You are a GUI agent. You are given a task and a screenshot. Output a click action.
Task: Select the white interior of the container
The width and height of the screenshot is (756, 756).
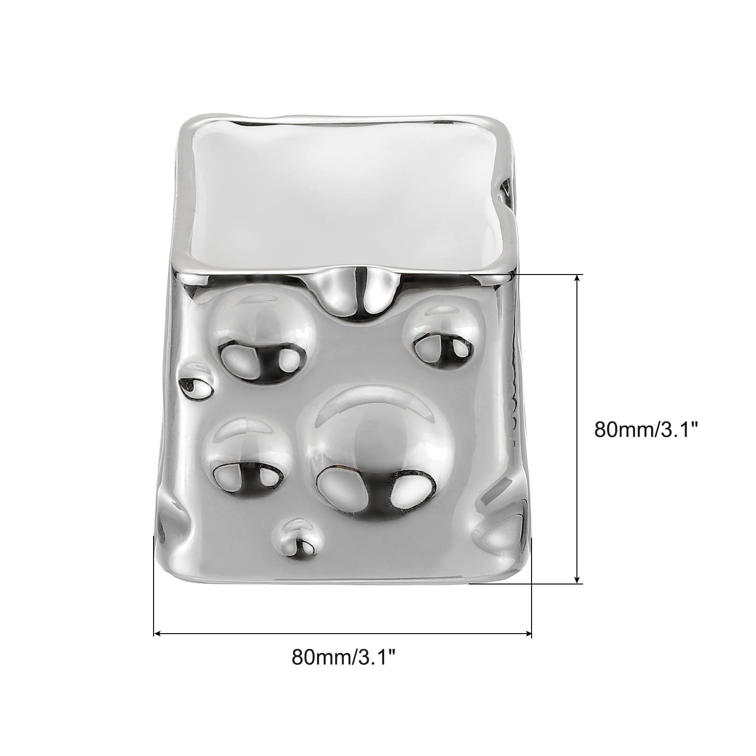tap(345, 194)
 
